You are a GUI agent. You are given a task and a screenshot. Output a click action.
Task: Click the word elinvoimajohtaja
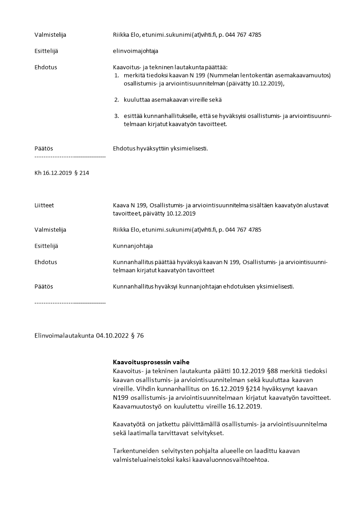[135, 51]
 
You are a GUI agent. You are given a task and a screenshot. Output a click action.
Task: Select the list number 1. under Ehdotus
[116, 75]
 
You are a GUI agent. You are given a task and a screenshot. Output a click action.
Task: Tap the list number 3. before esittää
[116, 116]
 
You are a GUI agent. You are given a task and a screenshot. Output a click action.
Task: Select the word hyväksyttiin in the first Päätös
[151, 148]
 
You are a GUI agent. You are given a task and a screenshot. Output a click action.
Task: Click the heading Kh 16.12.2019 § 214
[62, 172]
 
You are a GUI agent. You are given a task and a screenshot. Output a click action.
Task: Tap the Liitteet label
[44, 205]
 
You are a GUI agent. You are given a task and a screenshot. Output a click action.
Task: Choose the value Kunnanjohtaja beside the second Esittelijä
[133, 246]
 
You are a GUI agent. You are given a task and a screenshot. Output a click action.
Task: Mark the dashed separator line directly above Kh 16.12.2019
[70, 157]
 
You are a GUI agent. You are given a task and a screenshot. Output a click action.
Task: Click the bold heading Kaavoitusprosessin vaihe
[151, 362]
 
